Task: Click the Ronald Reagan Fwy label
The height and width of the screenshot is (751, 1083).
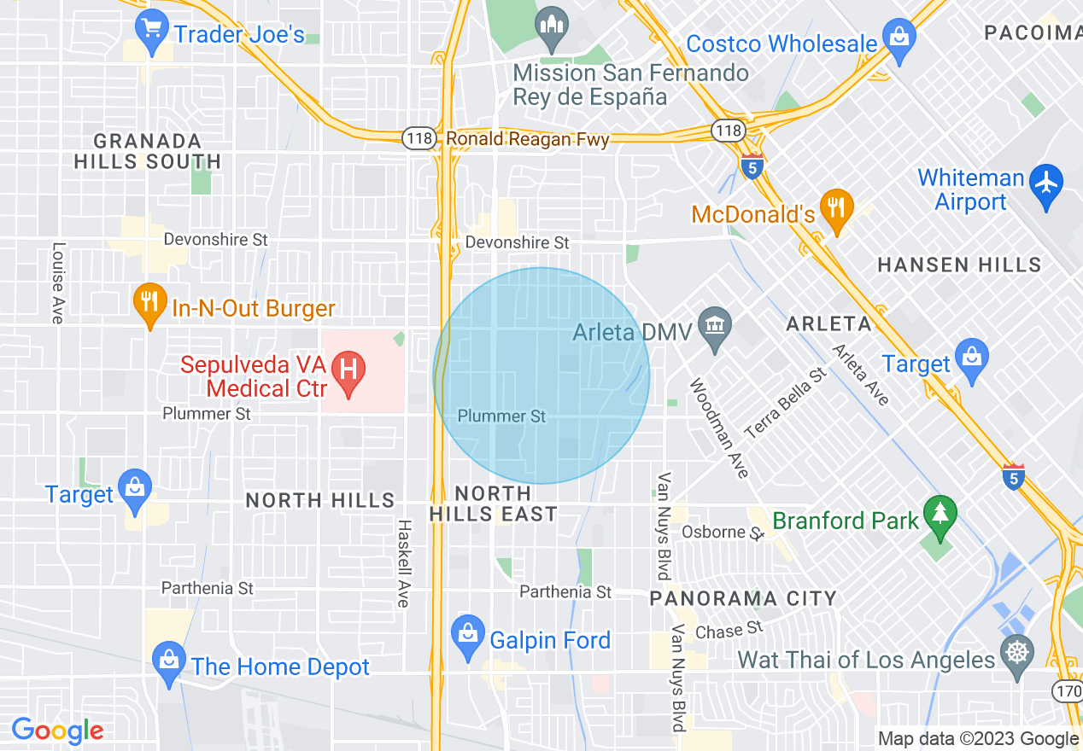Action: click(527, 139)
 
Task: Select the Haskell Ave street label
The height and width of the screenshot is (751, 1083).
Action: click(403, 563)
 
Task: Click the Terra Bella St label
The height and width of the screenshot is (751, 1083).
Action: click(786, 404)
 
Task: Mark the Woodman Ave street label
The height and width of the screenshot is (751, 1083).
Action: click(720, 428)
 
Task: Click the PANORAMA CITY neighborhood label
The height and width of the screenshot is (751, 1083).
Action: click(743, 598)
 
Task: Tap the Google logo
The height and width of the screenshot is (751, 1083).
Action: click(57, 731)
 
